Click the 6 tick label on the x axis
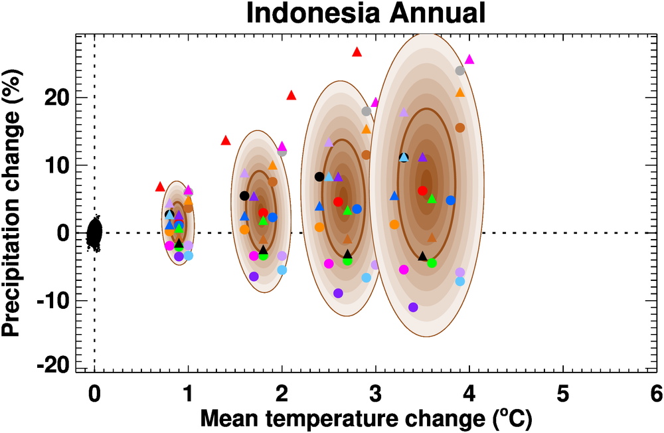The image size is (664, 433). [656, 393]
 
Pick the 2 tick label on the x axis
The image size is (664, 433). [282, 393]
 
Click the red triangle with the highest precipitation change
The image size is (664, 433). [357, 52]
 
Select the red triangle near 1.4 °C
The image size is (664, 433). [226, 140]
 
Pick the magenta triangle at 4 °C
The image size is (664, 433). [469, 59]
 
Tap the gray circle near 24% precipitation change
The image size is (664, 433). [459, 70]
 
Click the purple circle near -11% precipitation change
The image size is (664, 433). [413, 307]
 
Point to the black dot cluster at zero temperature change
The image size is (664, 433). [95, 232]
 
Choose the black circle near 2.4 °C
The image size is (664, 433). [319, 177]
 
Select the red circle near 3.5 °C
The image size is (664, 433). [422, 191]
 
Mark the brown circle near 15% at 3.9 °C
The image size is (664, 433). [459, 128]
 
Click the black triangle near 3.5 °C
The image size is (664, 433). [423, 256]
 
